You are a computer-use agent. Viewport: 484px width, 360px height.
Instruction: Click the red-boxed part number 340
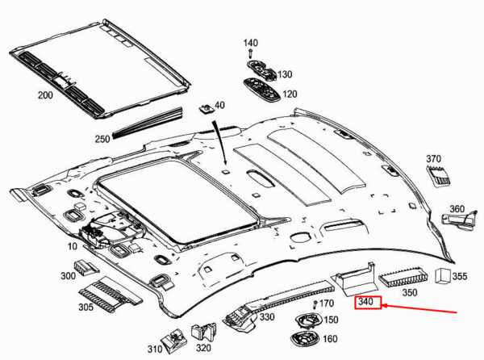click(365, 301)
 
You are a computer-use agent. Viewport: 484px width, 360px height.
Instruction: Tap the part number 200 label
click(45, 95)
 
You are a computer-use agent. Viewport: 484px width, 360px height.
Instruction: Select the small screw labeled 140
click(251, 54)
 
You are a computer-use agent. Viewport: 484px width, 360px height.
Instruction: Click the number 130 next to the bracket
click(285, 74)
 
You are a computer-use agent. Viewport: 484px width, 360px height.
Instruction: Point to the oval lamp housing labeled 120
click(261, 90)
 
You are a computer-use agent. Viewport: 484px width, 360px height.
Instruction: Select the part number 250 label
click(102, 139)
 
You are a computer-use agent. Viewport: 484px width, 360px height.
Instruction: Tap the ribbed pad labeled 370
click(439, 176)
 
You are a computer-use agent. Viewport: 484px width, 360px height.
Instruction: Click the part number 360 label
click(457, 209)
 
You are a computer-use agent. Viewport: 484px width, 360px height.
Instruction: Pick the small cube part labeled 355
click(443, 275)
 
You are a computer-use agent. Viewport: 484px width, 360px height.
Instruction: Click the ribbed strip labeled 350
click(403, 277)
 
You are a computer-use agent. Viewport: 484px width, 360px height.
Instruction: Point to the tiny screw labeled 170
click(315, 305)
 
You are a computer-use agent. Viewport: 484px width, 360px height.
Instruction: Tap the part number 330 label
click(267, 316)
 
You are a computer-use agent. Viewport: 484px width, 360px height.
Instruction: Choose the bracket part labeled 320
click(204, 333)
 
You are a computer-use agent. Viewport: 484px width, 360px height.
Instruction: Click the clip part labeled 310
click(175, 341)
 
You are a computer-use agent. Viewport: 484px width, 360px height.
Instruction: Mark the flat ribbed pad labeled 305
click(111, 291)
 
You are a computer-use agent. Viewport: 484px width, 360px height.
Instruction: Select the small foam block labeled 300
click(86, 267)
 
